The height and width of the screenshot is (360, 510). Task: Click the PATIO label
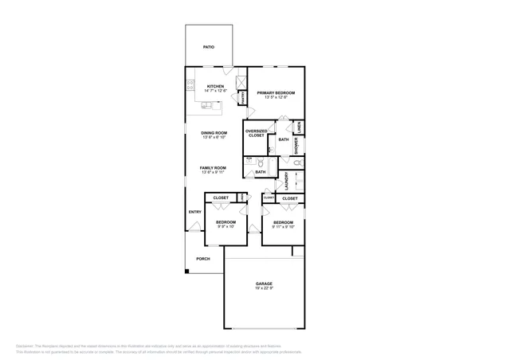click(x=208, y=47)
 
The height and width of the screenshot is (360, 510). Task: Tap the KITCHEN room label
click(x=215, y=86)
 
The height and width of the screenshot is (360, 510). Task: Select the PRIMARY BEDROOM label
click(x=276, y=92)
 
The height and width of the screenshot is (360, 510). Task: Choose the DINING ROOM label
click(x=214, y=133)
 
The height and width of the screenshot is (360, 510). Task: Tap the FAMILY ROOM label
click(x=214, y=168)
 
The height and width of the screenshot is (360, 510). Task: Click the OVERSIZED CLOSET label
click(x=256, y=133)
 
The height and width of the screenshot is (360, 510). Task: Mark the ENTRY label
click(x=194, y=212)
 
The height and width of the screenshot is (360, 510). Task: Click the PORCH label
click(x=203, y=259)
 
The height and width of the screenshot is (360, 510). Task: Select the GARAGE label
click(x=264, y=283)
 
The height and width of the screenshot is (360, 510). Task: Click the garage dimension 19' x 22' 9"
click(x=264, y=288)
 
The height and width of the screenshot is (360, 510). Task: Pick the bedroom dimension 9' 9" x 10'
click(x=226, y=227)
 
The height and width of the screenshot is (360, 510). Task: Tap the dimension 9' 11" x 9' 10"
click(x=283, y=227)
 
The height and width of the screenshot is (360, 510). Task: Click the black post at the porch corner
click(x=187, y=272)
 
